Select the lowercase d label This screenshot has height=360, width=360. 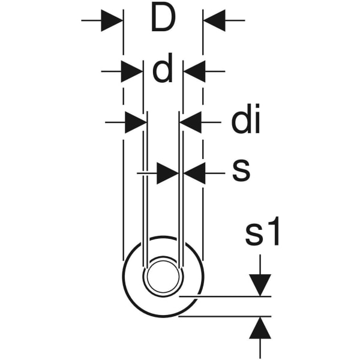click(163, 68)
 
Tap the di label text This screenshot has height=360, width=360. click(245, 118)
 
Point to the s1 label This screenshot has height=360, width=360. click(263, 232)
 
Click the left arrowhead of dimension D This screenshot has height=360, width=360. click(112, 20)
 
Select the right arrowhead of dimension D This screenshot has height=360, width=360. click(215, 20)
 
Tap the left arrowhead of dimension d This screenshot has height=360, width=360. click(131, 71)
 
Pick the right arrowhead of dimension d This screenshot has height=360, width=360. click(194, 71)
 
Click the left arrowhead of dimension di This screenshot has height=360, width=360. click(136, 122)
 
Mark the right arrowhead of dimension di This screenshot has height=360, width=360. click(191, 122)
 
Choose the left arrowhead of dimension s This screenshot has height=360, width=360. click(167, 173)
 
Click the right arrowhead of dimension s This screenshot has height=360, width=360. click(194, 173)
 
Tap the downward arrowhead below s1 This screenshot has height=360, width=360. click(260, 285)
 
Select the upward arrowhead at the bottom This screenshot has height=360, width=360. click(260, 328)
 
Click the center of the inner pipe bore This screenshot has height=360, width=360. click(163, 277)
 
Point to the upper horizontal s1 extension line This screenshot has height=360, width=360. click(225, 296)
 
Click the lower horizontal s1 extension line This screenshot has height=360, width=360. click(225, 316)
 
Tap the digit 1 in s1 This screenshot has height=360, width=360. click(273, 232)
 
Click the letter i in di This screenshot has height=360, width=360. click(257, 118)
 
